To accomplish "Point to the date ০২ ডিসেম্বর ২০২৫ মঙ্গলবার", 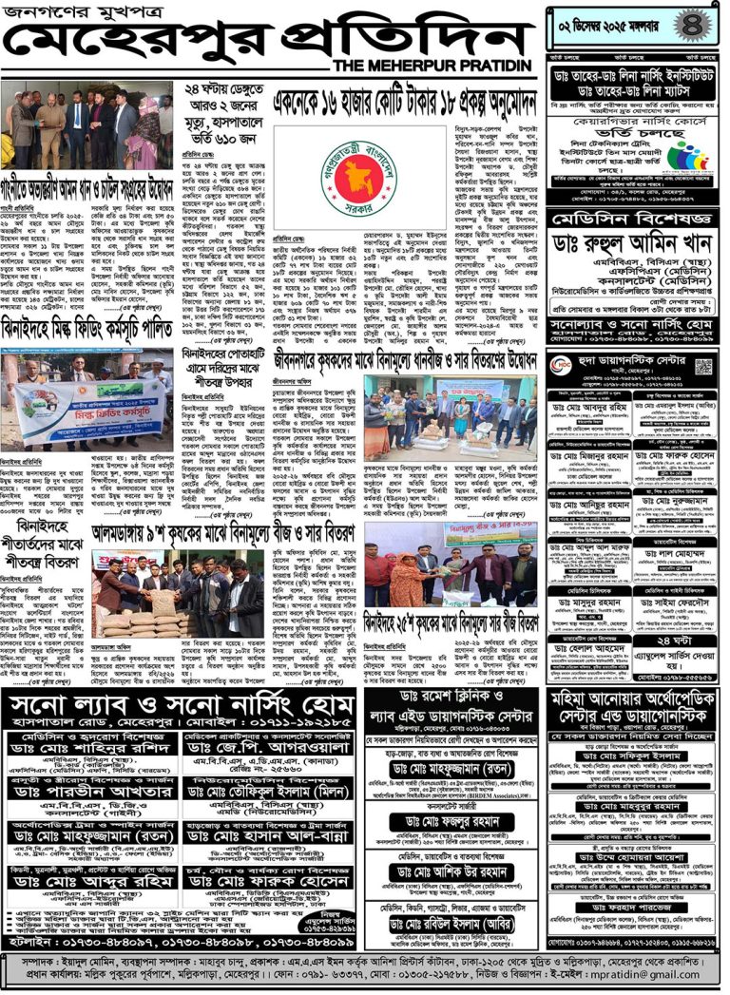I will tap(618, 18).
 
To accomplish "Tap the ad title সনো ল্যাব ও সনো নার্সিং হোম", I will tap(181, 705).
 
